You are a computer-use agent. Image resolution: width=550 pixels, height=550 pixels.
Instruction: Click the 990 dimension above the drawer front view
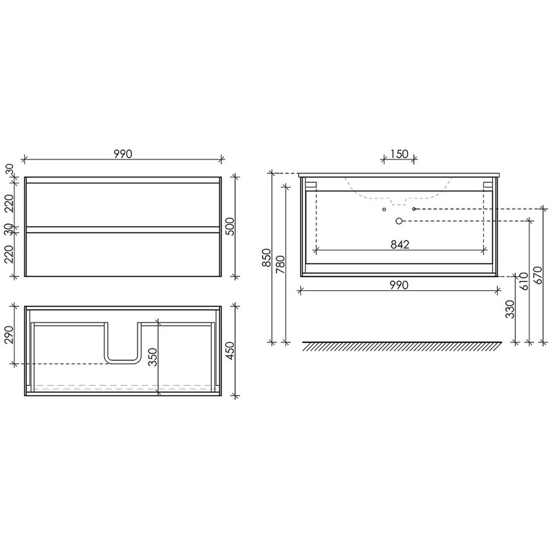(x=123, y=154)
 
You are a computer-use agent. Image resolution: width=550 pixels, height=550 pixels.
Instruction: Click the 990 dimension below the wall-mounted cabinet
(x=399, y=285)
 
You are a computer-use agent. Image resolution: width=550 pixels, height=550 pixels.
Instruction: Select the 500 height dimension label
(x=229, y=227)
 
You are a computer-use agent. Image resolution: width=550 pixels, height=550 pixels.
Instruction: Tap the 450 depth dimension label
(x=229, y=351)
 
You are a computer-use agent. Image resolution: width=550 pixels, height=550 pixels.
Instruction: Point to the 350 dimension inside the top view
(x=153, y=357)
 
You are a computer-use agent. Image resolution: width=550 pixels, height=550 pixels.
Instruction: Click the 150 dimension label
(x=399, y=154)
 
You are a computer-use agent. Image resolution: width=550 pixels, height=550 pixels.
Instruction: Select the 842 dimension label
(x=400, y=244)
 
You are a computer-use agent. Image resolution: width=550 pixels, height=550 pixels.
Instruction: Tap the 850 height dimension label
(x=267, y=258)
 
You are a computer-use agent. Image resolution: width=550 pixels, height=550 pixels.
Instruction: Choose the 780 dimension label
(x=281, y=265)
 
